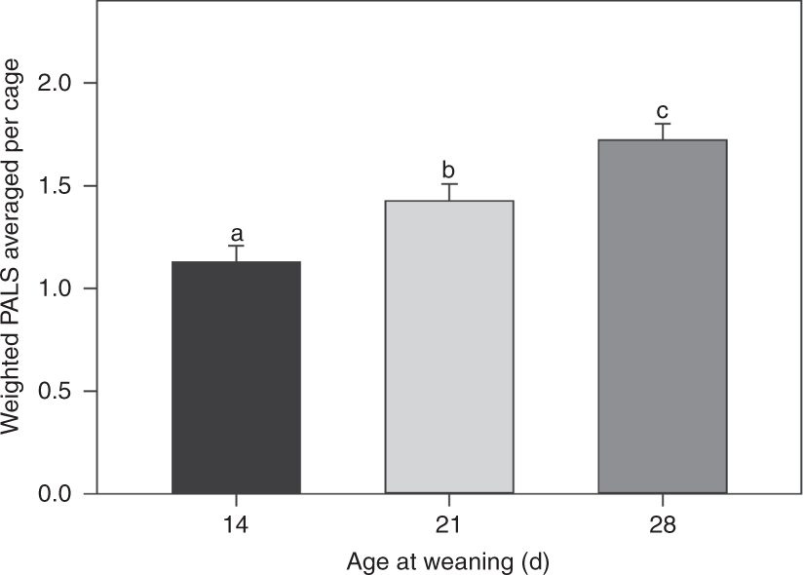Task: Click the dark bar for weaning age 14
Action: pyautogui.click(x=236, y=377)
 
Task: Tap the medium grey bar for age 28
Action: pyautogui.click(x=662, y=317)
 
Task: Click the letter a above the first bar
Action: pyautogui.click(x=236, y=234)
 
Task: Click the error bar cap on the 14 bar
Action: pyautogui.click(x=236, y=247)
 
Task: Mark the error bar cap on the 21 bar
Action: pyautogui.click(x=448, y=184)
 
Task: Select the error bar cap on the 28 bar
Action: pyautogui.click(x=662, y=124)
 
